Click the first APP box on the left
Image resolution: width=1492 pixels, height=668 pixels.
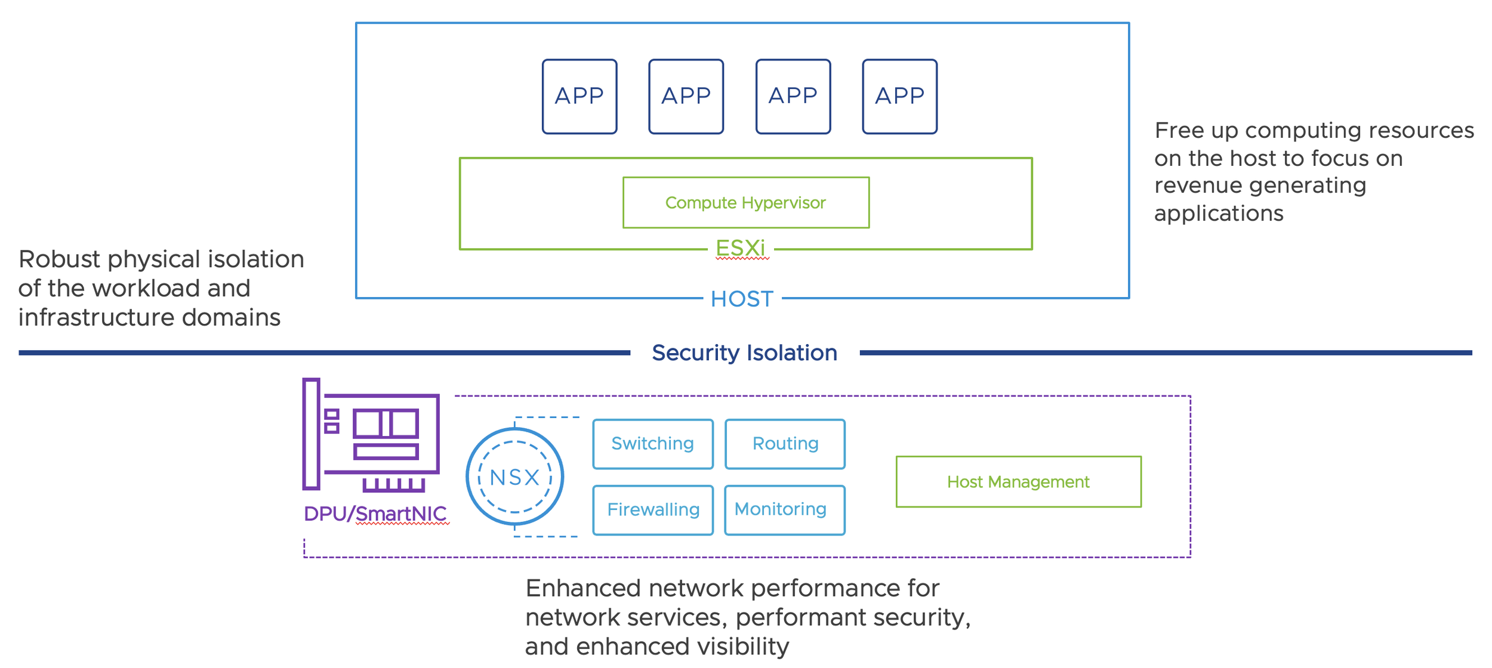click(579, 96)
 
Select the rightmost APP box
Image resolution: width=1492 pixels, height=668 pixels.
click(899, 96)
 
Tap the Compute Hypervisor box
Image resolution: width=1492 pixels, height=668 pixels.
click(746, 202)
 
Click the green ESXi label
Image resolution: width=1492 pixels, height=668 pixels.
click(741, 248)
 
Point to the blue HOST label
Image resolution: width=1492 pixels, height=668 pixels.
click(742, 299)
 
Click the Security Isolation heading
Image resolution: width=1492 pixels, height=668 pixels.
click(744, 352)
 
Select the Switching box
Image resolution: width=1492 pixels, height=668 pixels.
click(653, 444)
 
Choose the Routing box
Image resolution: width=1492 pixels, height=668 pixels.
click(785, 444)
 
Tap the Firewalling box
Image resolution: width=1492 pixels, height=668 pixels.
click(653, 510)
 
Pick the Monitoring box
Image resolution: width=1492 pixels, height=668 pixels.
click(785, 510)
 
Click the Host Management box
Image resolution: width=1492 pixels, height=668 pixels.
click(1018, 481)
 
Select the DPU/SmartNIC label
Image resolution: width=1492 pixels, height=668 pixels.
click(375, 514)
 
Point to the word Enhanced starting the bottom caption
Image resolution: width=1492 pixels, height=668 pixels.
click(583, 589)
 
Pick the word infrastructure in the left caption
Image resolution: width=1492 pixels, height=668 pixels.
click(96, 317)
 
